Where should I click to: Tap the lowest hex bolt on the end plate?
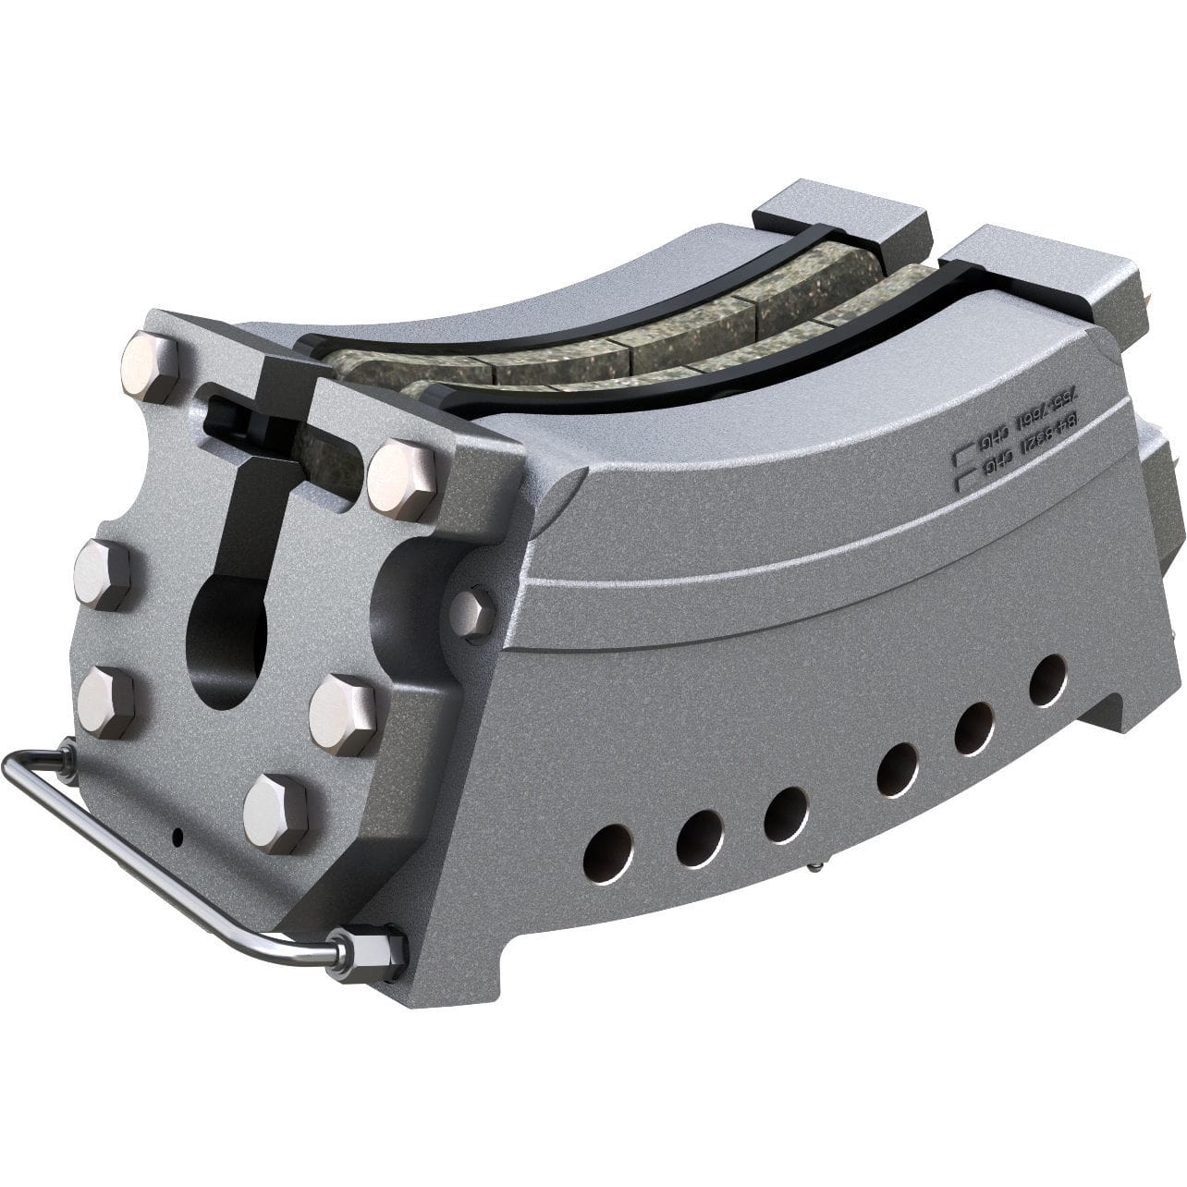click(x=275, y=813)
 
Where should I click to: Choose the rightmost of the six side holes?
click(x=1048, y=680)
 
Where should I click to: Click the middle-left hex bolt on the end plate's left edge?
click(x=102, y=574)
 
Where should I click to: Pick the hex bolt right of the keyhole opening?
click(x=342, y=715)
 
